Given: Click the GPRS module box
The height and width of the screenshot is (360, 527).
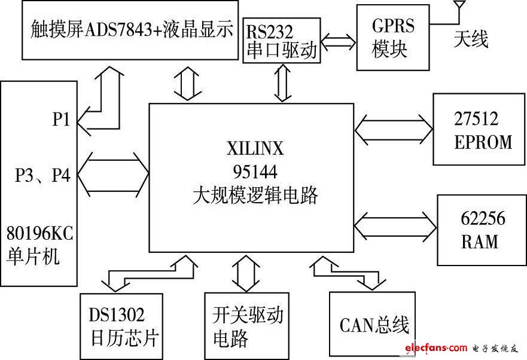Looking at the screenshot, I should [394, 36].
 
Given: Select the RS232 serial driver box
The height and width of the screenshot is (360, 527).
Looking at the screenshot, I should [282, 39].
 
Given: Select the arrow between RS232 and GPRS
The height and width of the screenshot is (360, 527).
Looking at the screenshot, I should [339, 41].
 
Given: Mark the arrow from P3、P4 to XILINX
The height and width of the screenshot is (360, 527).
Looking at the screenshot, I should [112, 173].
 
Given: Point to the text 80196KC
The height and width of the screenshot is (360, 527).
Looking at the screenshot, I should [39, 232].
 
